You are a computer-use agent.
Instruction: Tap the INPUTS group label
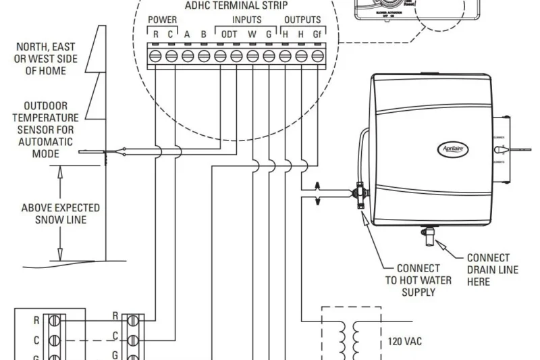pyautogui.click(x=246, y=20)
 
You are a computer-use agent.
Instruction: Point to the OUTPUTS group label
pyautogui.click(x=302, y=20)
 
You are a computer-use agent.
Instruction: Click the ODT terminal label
pyautogui.click(x=229, y=34)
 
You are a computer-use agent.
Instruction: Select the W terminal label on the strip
pyautogui.click(x=252, y=34)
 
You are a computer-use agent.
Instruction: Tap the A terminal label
pyautogui.click(x=187, y=34)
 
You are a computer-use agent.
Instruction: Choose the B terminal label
pyautogui.click(x=204, y=34)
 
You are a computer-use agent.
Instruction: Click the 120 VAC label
pyautogui.click(x=404, y=341)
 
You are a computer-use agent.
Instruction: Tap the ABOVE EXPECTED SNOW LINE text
pyautogui.click(x=60, y=213)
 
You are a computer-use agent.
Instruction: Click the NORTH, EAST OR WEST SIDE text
pyautogui.click(x=47, y=58)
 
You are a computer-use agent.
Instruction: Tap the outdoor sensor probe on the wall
pyautogui.click(x=101, y=153)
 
